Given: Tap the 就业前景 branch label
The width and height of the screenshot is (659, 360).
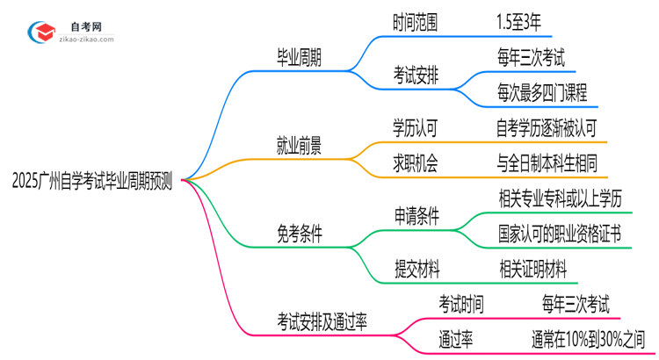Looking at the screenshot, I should (299, 146).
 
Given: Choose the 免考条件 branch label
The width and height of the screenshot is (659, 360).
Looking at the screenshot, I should (299, 234).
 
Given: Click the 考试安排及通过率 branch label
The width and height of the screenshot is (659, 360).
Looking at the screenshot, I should (322, 321).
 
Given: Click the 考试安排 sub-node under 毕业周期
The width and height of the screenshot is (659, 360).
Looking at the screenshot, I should (416, 76).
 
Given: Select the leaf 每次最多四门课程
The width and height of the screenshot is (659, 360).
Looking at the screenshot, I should (541, 92).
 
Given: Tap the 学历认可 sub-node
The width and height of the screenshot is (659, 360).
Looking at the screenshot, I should (416, 128).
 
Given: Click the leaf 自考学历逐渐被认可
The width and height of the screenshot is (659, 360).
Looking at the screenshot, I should (547, 128).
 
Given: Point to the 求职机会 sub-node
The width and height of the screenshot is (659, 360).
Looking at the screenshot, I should (416, 162).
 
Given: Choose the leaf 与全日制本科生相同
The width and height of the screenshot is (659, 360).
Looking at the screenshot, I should (547, 162).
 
